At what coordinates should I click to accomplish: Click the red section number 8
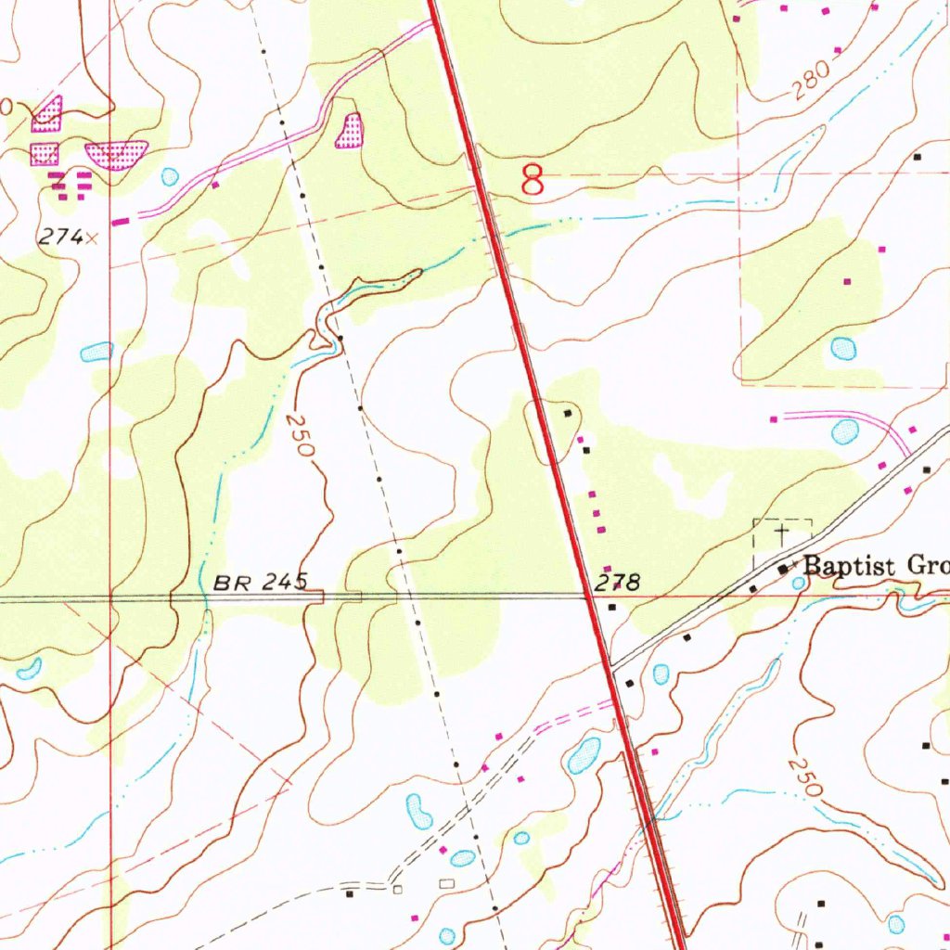point(533,179)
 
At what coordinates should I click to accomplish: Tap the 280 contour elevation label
point(808,86)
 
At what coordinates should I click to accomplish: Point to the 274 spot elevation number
point(59,237)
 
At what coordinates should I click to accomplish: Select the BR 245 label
point(260,583)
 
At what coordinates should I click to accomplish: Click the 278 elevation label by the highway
point(618,583)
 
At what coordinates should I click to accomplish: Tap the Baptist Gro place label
point(875,565)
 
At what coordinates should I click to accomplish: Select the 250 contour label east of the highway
point(803,777)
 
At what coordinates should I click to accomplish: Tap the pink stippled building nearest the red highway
point(349,132)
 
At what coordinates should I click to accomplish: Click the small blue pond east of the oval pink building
point(170,176)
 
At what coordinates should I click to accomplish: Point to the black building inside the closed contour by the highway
point(568,412)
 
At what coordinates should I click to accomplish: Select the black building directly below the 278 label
point(612,607)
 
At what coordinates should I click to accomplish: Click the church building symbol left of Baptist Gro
point(783,568)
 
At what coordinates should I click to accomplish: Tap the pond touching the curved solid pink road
point(845,431)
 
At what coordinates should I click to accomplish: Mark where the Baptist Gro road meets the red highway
point(611,664)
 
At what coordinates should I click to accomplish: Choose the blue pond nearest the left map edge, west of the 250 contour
point(96,352)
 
